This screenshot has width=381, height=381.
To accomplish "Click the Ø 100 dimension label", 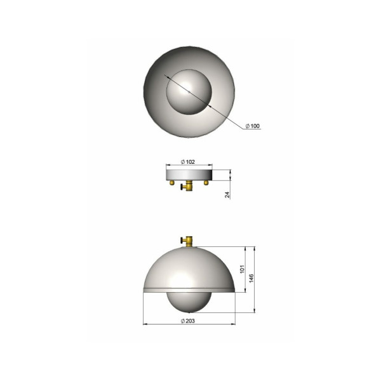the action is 253,126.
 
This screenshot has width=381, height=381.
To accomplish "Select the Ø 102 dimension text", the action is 188,162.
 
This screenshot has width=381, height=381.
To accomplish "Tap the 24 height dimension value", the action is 227,195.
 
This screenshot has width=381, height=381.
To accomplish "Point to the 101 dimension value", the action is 243,269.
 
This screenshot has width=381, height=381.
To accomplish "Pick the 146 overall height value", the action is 251,278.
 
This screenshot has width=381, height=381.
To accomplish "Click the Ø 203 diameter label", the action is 188,321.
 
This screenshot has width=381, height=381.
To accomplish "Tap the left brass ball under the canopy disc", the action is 172,182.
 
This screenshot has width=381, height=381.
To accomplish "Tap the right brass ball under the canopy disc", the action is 206,182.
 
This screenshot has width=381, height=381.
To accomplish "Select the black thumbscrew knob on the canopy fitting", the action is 182,187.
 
